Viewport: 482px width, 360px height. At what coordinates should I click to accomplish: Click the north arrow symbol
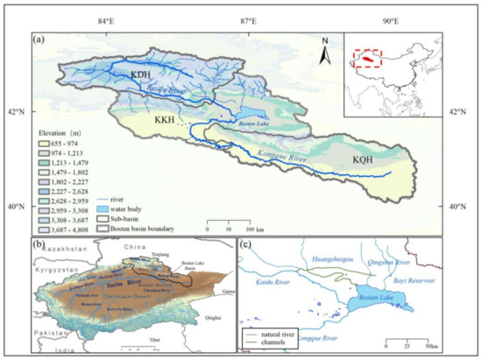click(x=324, y=53)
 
